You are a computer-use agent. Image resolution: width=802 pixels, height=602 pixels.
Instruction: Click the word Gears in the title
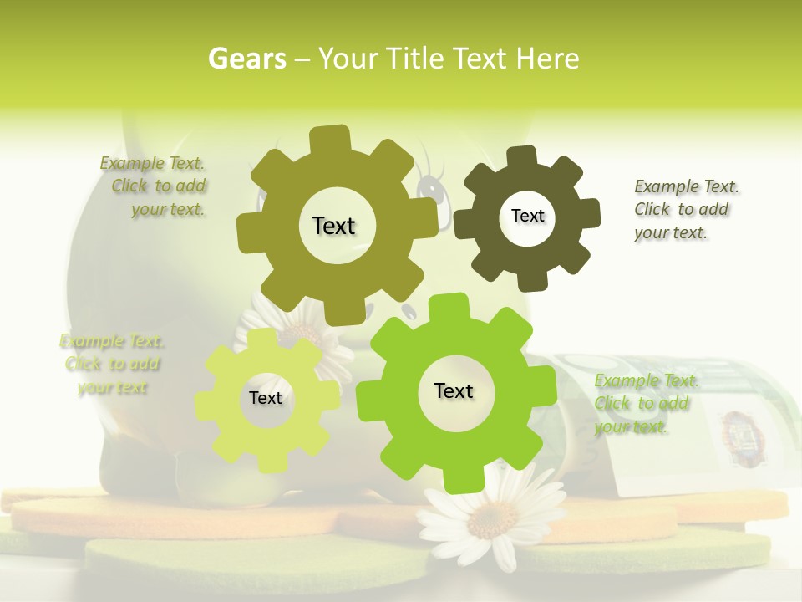(246, 59)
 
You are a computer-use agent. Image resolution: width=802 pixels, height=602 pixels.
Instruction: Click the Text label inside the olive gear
(333, 226)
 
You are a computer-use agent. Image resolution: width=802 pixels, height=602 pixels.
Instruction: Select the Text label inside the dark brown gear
(527, 216)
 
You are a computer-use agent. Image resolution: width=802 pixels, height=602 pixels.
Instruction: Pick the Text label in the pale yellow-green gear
(266, 398)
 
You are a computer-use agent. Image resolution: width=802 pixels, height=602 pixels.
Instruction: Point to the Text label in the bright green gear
(454, 390)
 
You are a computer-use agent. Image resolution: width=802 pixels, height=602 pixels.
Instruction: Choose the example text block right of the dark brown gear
(685, 209)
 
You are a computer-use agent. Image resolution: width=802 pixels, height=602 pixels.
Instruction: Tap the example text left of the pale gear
(112, 365)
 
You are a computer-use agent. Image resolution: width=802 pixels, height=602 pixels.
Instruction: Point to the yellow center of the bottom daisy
(484, 520)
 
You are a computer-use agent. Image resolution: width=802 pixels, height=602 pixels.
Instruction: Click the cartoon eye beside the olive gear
(431, 189)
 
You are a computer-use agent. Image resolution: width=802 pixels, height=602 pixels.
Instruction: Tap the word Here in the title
(547, 59)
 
